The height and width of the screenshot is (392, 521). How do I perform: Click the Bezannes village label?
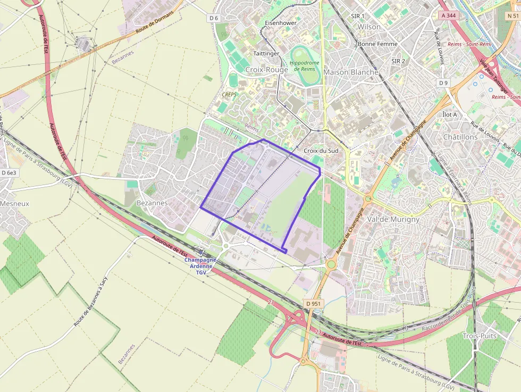tap(152, 203)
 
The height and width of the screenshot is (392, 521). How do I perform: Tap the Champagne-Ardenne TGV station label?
tap(200, 266)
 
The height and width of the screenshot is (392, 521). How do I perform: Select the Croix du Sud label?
tap(321, 151)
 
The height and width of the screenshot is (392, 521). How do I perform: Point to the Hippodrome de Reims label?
tap(305, 65)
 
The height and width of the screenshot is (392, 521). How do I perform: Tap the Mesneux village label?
tap(14, 203)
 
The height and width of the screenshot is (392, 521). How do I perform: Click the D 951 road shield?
tap(314, 304)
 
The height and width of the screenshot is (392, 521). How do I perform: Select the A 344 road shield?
tap(449, 16)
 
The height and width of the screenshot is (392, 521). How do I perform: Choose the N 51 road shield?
tap(512, 16)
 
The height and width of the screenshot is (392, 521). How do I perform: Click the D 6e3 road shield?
tap(9, 173)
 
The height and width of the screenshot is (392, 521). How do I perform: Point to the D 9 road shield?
tap(444, 83)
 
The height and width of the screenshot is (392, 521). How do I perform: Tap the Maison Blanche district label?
tap(351, 72)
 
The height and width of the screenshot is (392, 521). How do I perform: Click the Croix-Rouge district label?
tap(266, 70)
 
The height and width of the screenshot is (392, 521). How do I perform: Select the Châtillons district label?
tap(460, 137)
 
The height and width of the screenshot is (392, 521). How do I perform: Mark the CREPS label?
tap(229, 94)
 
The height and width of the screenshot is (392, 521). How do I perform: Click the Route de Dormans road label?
tap(155, 23)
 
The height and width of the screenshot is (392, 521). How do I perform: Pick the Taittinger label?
tap(266, 54)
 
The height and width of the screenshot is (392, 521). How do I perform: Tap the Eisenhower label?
tap(280, 23)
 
